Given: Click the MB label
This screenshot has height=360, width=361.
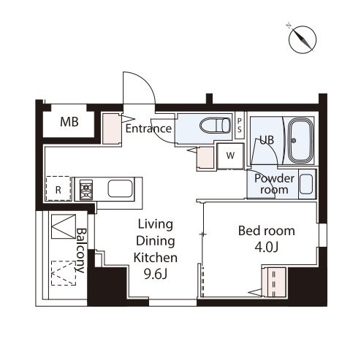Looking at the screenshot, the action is pyautogui.click(x=69, y=122).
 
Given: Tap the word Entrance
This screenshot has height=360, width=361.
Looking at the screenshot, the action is pyautogui.click(x=148, y=129).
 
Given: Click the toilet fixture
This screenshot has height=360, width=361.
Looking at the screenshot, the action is pyautogui.click(x=215, y=126).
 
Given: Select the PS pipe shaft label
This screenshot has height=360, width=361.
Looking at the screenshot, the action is pyautogui.click(x=240, y=126).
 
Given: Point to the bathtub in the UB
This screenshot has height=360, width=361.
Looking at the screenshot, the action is pyautogui.click(x=300, y=140).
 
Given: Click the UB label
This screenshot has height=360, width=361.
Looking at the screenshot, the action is pyautogui.click(x=267, y=140).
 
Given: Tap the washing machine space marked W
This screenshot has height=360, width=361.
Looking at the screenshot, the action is pyautogui.click(x=230, y=156).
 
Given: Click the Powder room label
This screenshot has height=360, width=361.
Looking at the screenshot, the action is pyautogui.click(x=274, y=184).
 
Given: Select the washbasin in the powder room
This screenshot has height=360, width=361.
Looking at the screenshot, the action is pyautogui.click(x=306, y=184).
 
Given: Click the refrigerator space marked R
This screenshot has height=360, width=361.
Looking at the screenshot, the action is pyautogui.click(x=58, y=188).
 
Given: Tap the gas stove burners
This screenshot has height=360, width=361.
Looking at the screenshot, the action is pyautogui.click(x=86, y=189).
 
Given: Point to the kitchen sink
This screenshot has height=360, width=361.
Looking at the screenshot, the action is pyautogui.click(x=121, y=188).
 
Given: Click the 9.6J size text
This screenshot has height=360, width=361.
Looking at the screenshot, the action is pyautogui.click(x=156, y=275).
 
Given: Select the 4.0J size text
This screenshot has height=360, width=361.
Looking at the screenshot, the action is pyautogui.click(x=267, y=248).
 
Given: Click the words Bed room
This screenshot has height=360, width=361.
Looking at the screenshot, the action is pyautogui.click(x=267, y=231).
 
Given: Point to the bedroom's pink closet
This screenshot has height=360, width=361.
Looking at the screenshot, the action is pyautogui.click(x=275, y=283).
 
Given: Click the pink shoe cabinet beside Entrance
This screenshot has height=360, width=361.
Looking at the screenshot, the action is pyautogui.click(x=112, y=129).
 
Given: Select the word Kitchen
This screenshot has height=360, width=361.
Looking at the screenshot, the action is pyautogui.click(x=156, y=258).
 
